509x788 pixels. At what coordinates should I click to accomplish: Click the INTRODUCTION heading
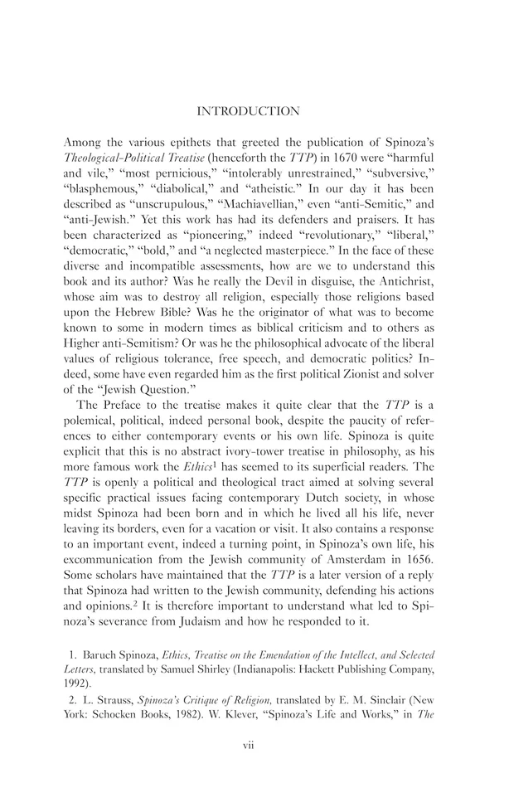(254, 109)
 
